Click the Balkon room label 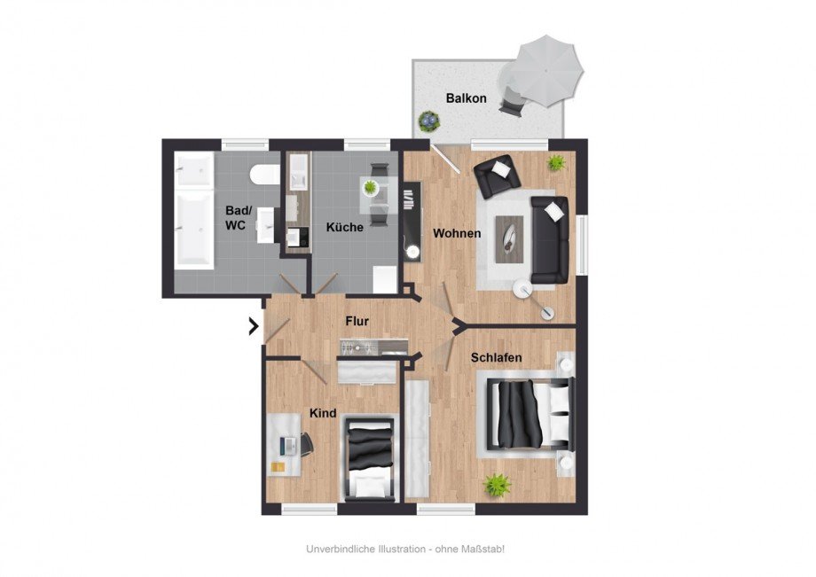click(x=466, y=98)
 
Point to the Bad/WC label click(x=239, y=218)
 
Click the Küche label click(x=344, y=227)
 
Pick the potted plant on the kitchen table click(x=370, y=187)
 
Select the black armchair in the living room click(x=497, y=176)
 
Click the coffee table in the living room click(x=509, y=239)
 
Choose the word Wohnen click(x=457, y=233)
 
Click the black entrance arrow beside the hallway click(x=254, y=326)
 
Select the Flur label click(x=357, y=321)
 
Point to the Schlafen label click(x=496, y=358)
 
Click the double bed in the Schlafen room click(x=530, y=414)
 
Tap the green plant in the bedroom click(x=497, y=485)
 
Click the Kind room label click(x=323, y=413)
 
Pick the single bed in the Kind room click(x=370, y=458)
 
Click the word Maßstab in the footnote click(x=484, y=549)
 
